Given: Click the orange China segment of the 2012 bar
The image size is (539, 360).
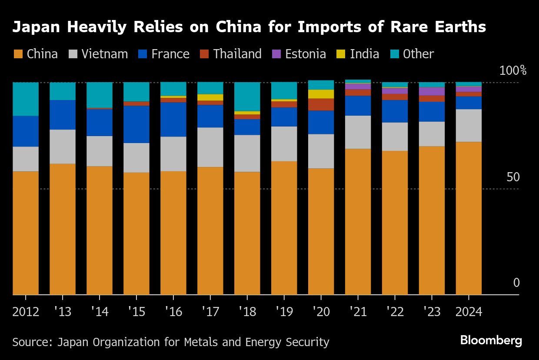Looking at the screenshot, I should pos(26,233).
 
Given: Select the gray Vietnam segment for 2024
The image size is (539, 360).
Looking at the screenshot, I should pos(469,125).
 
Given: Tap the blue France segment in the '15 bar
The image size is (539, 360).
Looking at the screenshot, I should pos(136,124).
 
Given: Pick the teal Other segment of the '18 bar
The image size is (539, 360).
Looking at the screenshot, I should pos(247,97).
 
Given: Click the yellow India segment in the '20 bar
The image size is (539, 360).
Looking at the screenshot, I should pos(321,94).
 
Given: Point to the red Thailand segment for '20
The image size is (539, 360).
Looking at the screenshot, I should pos(321,104).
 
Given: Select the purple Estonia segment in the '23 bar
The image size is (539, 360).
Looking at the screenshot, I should pos(432,91).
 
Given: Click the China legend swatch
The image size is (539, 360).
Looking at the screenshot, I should pos(18,54).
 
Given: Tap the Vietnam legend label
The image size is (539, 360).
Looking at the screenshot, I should pos(104,54).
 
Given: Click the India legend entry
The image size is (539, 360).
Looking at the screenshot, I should pos(364,54).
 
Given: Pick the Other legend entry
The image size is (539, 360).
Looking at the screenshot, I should pos(418,54).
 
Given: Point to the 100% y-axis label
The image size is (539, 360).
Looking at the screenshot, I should pos(512,70).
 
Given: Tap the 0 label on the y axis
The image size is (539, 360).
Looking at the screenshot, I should pos(516,283).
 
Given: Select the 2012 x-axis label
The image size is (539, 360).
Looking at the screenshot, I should pos(26,312).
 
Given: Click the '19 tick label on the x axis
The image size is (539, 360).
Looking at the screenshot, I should pos(284,312).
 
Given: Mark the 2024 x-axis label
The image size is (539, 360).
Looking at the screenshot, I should pos(469,312).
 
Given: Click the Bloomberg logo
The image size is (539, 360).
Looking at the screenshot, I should pos(491,340).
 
